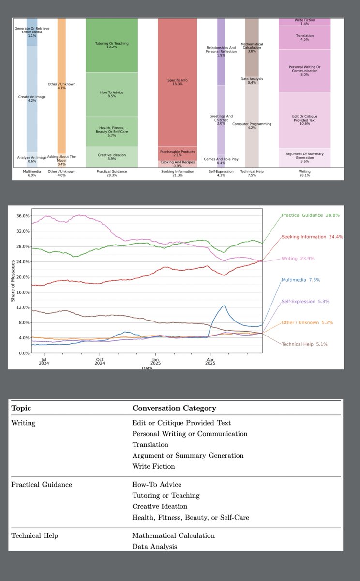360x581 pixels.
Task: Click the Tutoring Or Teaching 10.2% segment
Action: [x=112, y=45]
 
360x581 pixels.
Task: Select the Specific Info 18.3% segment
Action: [x=178, y=82]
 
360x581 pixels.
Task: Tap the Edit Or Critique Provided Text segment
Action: [x=304, y=120]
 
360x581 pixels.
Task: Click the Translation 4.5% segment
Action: [x=304, y=38]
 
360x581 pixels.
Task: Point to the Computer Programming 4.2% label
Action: [x=252, y=126]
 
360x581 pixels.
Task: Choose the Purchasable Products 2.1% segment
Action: [x=178, y=153]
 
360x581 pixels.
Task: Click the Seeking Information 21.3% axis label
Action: [x=178, y=173]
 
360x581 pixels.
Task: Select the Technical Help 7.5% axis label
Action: [x=252, y=173]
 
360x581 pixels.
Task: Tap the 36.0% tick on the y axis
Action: [x=23, y=216]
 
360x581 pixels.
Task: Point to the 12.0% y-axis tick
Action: [x=23, y=307]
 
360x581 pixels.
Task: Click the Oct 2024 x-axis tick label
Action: [x=99, y=362]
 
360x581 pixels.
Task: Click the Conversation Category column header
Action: [x=174, y=408]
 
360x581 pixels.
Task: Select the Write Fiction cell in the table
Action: [x=153, y=466]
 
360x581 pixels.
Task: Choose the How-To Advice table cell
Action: [x=157, y=484]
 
